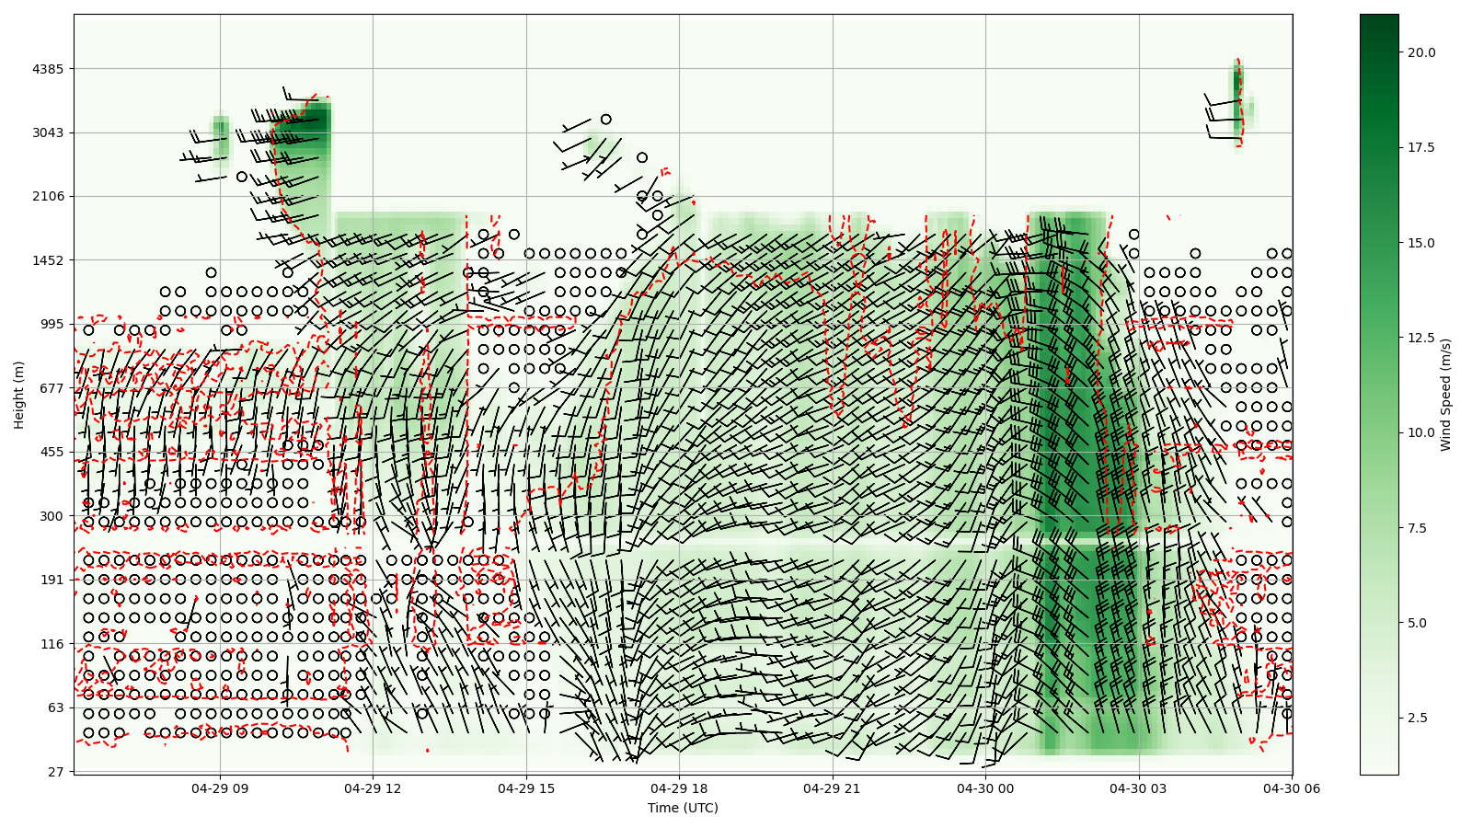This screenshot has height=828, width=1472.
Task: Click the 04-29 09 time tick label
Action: tap(220, 788)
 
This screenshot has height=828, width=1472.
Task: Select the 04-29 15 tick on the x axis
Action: tap(526, 788)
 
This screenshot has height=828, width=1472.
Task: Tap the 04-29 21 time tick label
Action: tap(833, 788)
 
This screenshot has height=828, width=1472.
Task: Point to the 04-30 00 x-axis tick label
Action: tap(985, 788)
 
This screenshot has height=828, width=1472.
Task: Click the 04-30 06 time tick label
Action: tap(1292, 788)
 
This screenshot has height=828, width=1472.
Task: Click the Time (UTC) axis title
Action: tap(683, 808)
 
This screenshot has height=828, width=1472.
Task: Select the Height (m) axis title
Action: tap(18, 395)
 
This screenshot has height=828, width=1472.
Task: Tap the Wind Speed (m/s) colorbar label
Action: tap(1445, 395)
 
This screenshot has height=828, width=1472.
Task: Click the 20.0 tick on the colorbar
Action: tap(1421, 52)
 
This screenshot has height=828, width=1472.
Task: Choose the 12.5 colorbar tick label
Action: tap(1421, 338)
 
